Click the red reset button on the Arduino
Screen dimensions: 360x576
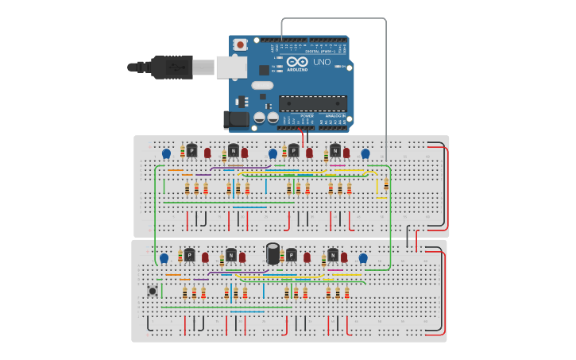(239, 45)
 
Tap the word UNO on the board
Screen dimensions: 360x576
(322, 62)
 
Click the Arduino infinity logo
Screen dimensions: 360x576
(297, 61)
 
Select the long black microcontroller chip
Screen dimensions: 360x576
(312, 103)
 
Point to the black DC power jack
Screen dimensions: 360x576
(235, 119)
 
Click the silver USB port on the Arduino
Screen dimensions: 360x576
(231, 68)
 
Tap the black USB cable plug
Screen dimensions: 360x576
(171, 68)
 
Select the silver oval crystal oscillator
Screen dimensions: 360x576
(262, 85)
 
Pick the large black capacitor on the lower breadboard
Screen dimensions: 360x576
(273, 254)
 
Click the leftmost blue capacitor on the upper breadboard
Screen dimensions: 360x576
(166, 153)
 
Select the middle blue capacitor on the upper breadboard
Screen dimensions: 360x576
(273, 153)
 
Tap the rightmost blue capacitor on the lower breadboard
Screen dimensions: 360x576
(363, 258)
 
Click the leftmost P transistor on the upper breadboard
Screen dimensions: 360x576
(191, 150)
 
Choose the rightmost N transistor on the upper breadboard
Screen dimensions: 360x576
(335, 150)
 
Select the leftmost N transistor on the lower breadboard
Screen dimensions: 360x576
(231, 255)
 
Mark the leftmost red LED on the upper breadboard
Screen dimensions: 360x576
(207, 153)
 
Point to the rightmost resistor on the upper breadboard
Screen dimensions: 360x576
(386, 184)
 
